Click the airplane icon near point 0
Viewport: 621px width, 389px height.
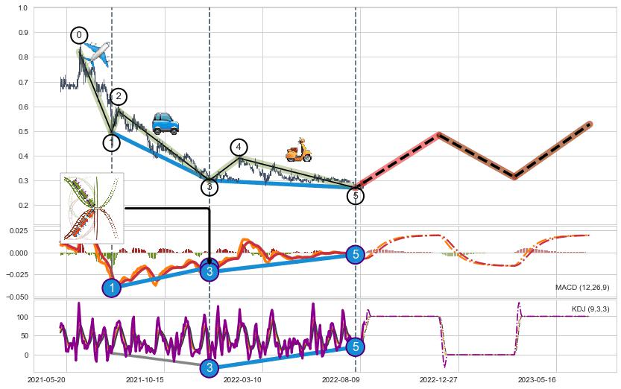(x=95, y=53)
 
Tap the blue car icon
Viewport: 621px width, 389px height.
(x=165, y=123)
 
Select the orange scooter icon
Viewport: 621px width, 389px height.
(x=298, y=150)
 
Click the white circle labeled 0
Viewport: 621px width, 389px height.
(x=79, y=35)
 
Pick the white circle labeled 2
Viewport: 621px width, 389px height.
(x=118, y=96)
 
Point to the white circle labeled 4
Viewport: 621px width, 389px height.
(x=239, y=148)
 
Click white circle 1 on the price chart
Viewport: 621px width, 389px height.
(x=112, y=142)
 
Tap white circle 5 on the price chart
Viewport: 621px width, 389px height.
(x=356, y=196)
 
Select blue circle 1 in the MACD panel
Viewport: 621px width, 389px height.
(x=112, y=288)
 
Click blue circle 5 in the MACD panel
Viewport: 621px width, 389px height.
(x=356, y=255)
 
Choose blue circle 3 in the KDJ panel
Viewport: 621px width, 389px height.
(x=209, y=367)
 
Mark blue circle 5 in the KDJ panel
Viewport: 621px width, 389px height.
(x=356, y=347)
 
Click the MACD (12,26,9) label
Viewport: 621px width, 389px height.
(x=582, y=288)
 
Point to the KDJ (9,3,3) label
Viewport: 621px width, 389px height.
(x=590, y=309)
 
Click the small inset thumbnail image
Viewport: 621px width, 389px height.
(x=92, y=207)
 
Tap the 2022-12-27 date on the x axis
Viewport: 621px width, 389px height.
(x=438, y=379)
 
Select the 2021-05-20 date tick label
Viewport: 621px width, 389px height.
(x=45, y=379)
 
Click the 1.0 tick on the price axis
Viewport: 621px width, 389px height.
(x=22, y=8)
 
